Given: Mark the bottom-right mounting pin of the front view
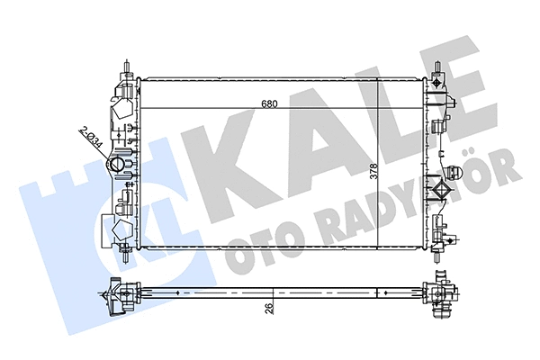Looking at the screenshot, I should (x=437, y=254).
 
